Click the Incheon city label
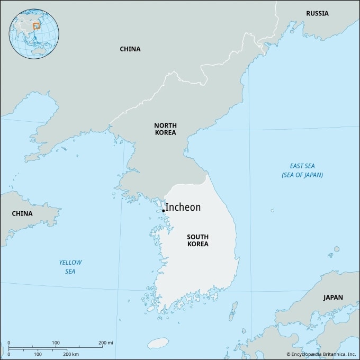184,207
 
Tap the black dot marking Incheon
163,211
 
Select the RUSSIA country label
317,13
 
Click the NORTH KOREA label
165,129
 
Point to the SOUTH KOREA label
197,240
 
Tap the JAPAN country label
333,297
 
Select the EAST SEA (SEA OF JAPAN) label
302,170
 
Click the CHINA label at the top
130,49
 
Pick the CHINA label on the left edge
22,213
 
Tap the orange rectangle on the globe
37,25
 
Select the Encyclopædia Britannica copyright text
321,354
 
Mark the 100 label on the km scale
38,354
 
